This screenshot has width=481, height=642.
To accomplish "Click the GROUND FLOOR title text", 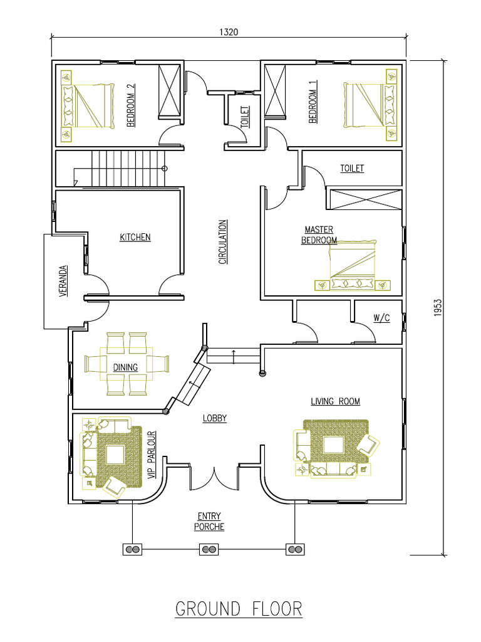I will [239, 609].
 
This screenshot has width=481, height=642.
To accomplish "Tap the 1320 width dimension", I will [229, 31].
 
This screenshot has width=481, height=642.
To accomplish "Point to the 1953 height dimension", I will [438, 307].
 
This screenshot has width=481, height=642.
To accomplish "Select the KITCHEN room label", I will [135, 237].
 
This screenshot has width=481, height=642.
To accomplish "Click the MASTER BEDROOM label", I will [319, 235].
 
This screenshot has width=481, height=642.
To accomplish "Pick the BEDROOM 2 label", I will [131, 106].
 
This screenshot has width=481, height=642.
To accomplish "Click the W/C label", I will [381, 318].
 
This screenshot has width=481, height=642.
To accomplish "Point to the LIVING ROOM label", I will [336, 401].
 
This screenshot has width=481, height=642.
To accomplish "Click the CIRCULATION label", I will [222, 241].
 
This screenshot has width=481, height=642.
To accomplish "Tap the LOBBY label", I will [214, 418].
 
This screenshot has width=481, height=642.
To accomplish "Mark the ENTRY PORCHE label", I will [209, 522].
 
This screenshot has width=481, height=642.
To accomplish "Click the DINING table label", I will [125, 367].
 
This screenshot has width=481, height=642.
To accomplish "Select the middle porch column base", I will [209, 550].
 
